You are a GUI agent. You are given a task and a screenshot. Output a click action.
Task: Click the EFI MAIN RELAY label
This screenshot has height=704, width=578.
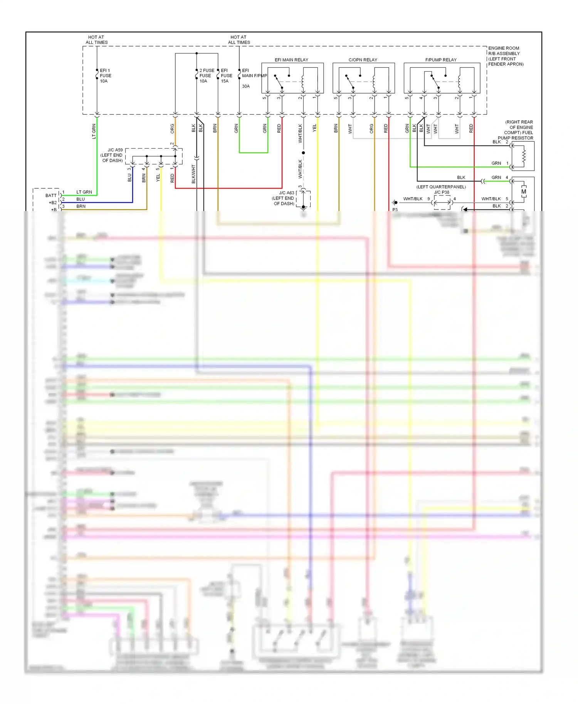point(291,60)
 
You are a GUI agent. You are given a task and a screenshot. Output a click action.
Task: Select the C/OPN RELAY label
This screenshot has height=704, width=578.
point(363,60)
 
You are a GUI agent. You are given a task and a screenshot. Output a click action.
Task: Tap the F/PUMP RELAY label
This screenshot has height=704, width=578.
point(441,60)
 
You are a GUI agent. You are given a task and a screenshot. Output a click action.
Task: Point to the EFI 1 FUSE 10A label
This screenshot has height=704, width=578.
point(105,76)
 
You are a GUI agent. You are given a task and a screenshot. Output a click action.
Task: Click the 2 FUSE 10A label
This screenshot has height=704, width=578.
point(207,76)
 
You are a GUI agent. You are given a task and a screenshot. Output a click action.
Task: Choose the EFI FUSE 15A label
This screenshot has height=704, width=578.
point(226,76)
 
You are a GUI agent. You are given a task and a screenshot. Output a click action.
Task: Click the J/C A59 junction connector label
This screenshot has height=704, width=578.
point(115,150)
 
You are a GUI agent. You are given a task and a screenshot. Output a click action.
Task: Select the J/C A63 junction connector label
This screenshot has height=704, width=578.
point(286,193)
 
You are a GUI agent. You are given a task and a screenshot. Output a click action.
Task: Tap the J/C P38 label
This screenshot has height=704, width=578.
point(442,192)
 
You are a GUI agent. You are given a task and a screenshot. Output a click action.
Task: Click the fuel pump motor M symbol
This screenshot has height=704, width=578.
point(524,191)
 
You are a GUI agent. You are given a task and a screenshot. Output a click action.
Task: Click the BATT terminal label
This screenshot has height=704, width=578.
point(51,196)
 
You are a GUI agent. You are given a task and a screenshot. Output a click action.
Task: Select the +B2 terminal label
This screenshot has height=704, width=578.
point(53,203)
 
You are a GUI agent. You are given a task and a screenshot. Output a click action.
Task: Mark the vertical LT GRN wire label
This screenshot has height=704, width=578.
point(94,131)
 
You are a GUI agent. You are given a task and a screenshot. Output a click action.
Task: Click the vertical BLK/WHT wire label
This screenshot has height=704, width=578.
point(194,174)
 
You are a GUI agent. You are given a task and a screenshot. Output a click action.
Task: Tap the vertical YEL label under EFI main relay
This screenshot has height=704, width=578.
point(314,127)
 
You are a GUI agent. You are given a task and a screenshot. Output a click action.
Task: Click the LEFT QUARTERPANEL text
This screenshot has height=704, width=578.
point(441,187)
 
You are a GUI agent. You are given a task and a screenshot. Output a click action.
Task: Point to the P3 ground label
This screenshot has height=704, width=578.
point(395,210)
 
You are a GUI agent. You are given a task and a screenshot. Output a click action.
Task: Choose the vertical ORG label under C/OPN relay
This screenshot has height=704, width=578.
point(371,129)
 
